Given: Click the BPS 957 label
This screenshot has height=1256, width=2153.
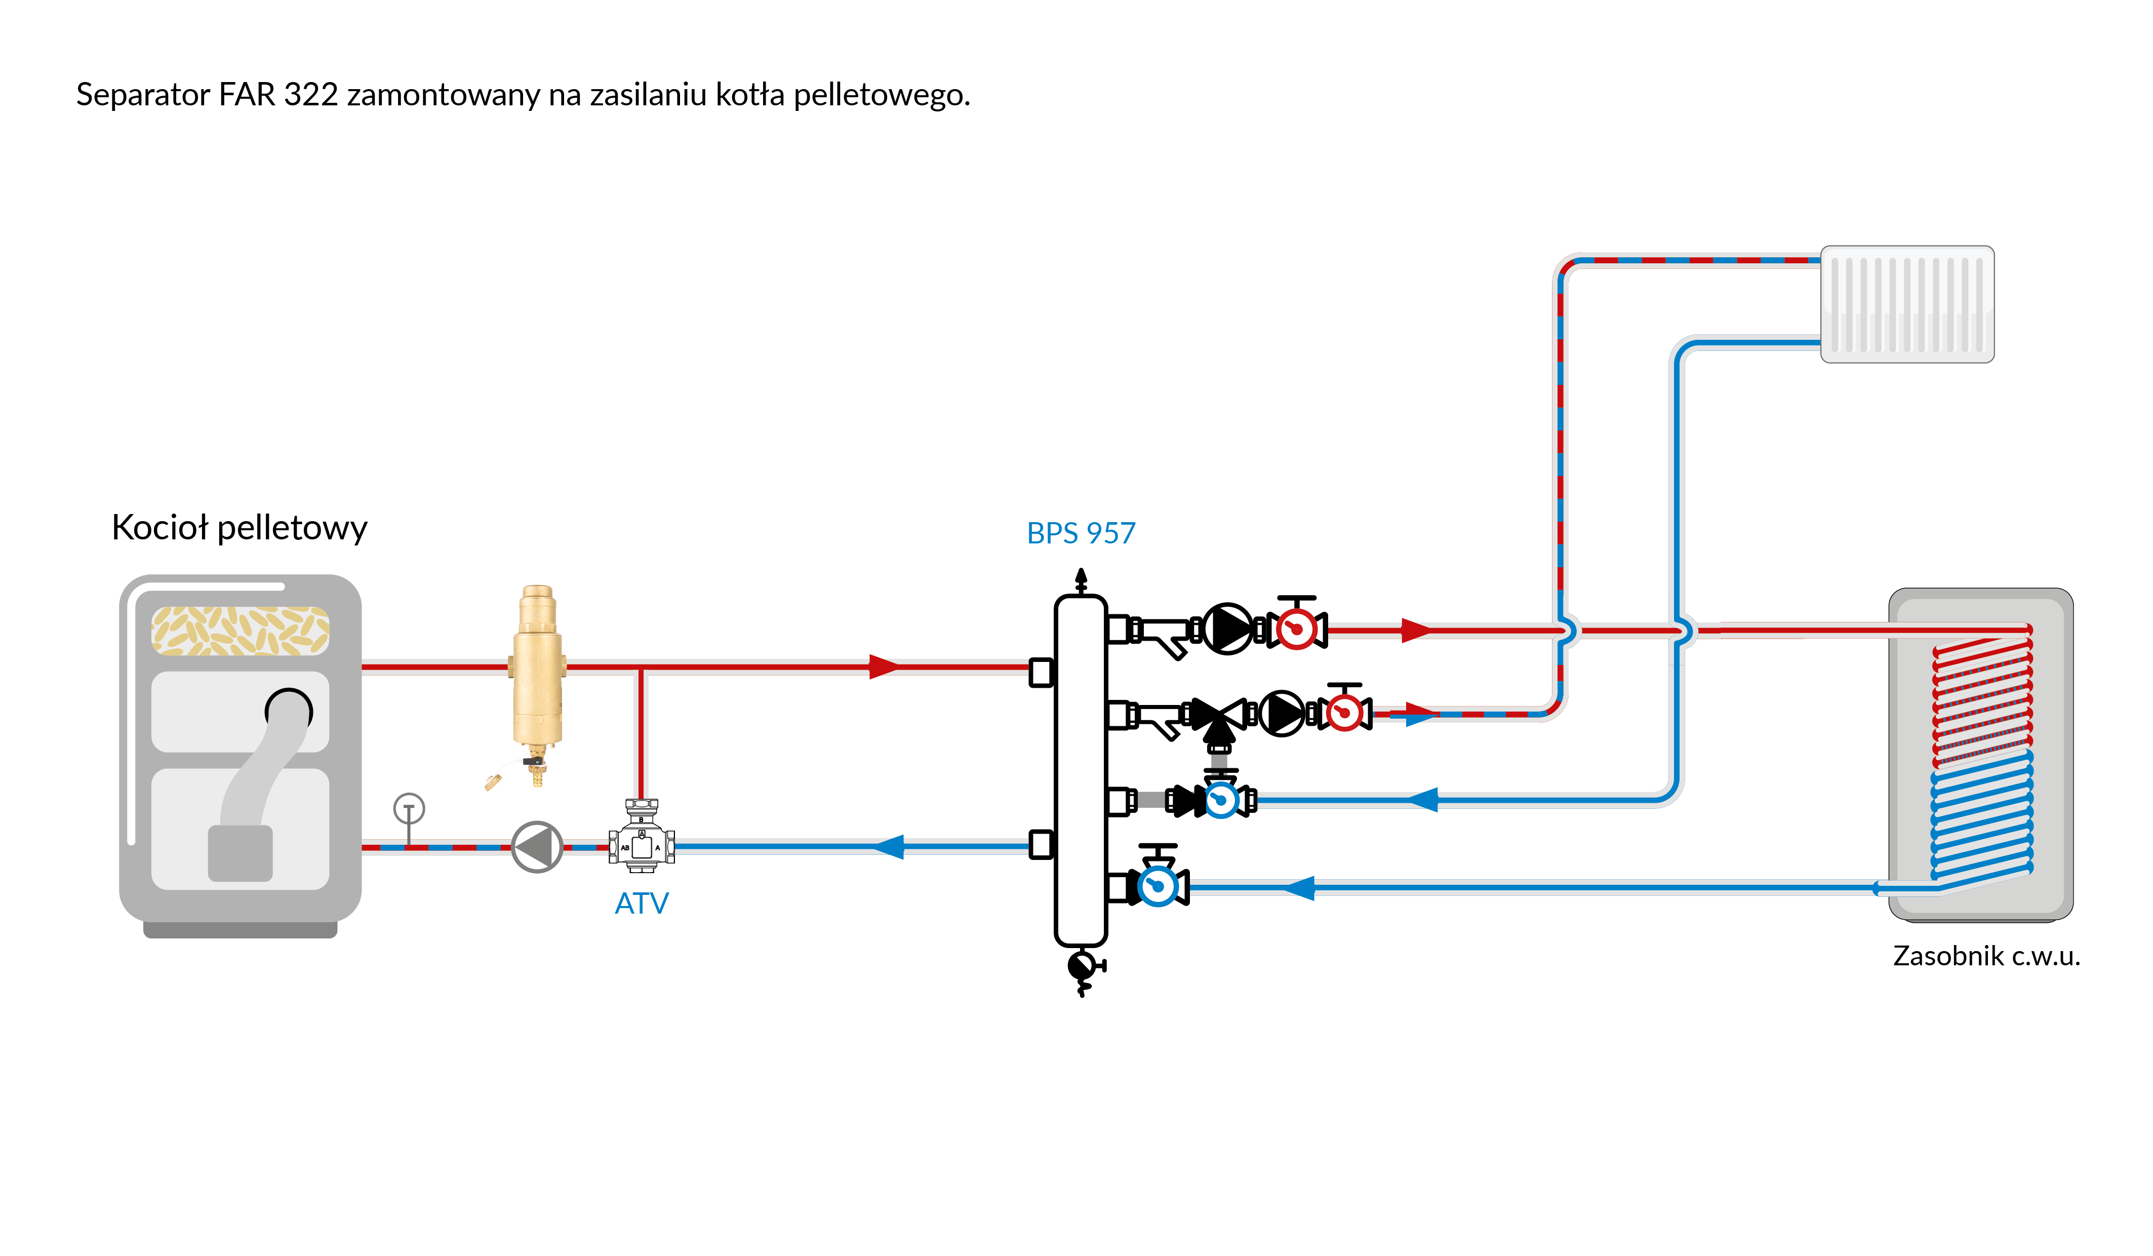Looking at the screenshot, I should pos(1081,533).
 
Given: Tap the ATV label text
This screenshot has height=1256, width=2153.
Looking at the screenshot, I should pos(642,903).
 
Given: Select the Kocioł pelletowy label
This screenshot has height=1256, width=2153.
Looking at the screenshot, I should pos(239,527).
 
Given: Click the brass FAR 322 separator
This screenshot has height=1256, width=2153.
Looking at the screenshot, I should pos(537,675).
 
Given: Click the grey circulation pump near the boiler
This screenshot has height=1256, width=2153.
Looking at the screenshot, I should pos(537,847).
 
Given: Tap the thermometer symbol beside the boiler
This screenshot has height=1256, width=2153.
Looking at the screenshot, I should pos(409,808).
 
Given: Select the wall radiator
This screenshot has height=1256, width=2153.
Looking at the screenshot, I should pos(1907,304).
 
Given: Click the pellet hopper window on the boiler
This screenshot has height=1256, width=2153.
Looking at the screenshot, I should pos(240,631).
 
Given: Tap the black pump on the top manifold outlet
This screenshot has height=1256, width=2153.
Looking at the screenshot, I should pos(1228,629).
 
